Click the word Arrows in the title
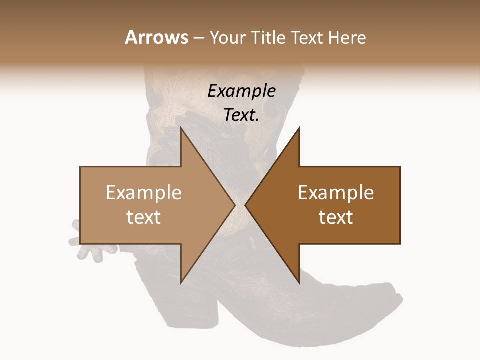(x=156, y=37)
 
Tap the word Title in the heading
(x=269, y=38)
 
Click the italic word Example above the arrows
(x=242, y=91)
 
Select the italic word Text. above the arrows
(x=242, y=115)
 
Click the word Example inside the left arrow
(x=144, y=193)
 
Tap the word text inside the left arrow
(x=144, y=217)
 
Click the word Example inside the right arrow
(x=336, y=193)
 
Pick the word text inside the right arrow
(x=336, y=217)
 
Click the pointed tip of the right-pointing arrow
(x=234, y=205)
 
